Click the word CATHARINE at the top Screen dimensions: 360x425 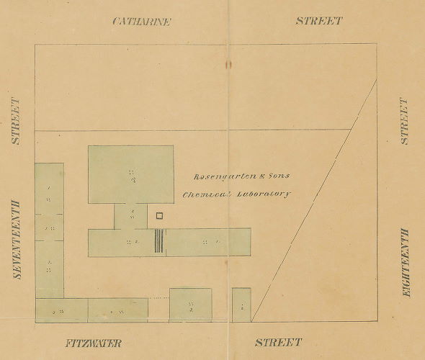pos(141,21)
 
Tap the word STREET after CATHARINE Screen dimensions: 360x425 pos(318,21)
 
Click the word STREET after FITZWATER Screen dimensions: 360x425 pos(278,342)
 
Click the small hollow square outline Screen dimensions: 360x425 pos(160,215)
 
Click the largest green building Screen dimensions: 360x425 pos(131,174)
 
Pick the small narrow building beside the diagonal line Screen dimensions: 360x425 pos(241,305)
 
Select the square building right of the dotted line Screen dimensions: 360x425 pos(190,305)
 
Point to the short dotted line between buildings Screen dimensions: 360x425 pos(158,297)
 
